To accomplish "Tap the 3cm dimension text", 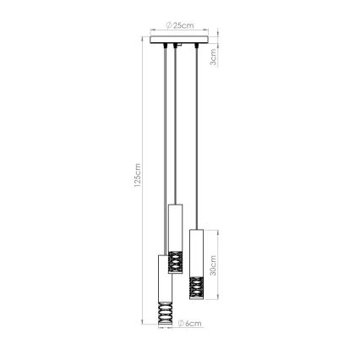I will [214, 59].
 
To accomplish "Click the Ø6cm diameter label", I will [192, 323].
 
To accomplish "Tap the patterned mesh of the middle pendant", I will [175, 261].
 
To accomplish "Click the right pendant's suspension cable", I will [196, 135].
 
